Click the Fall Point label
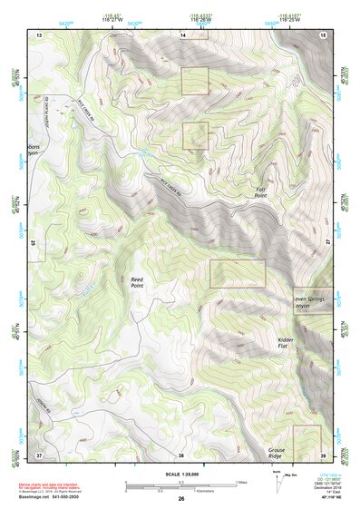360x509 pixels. click(x=260, y=191)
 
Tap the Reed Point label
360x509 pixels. click(x=138, y=282)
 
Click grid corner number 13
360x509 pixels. click(x=39, y=34)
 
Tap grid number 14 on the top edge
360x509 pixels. click(x=181, y=34)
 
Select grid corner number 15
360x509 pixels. click(x=323, y=34)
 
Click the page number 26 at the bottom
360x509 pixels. click(x=181, y=498)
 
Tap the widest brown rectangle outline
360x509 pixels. click(x=238, y=274)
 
